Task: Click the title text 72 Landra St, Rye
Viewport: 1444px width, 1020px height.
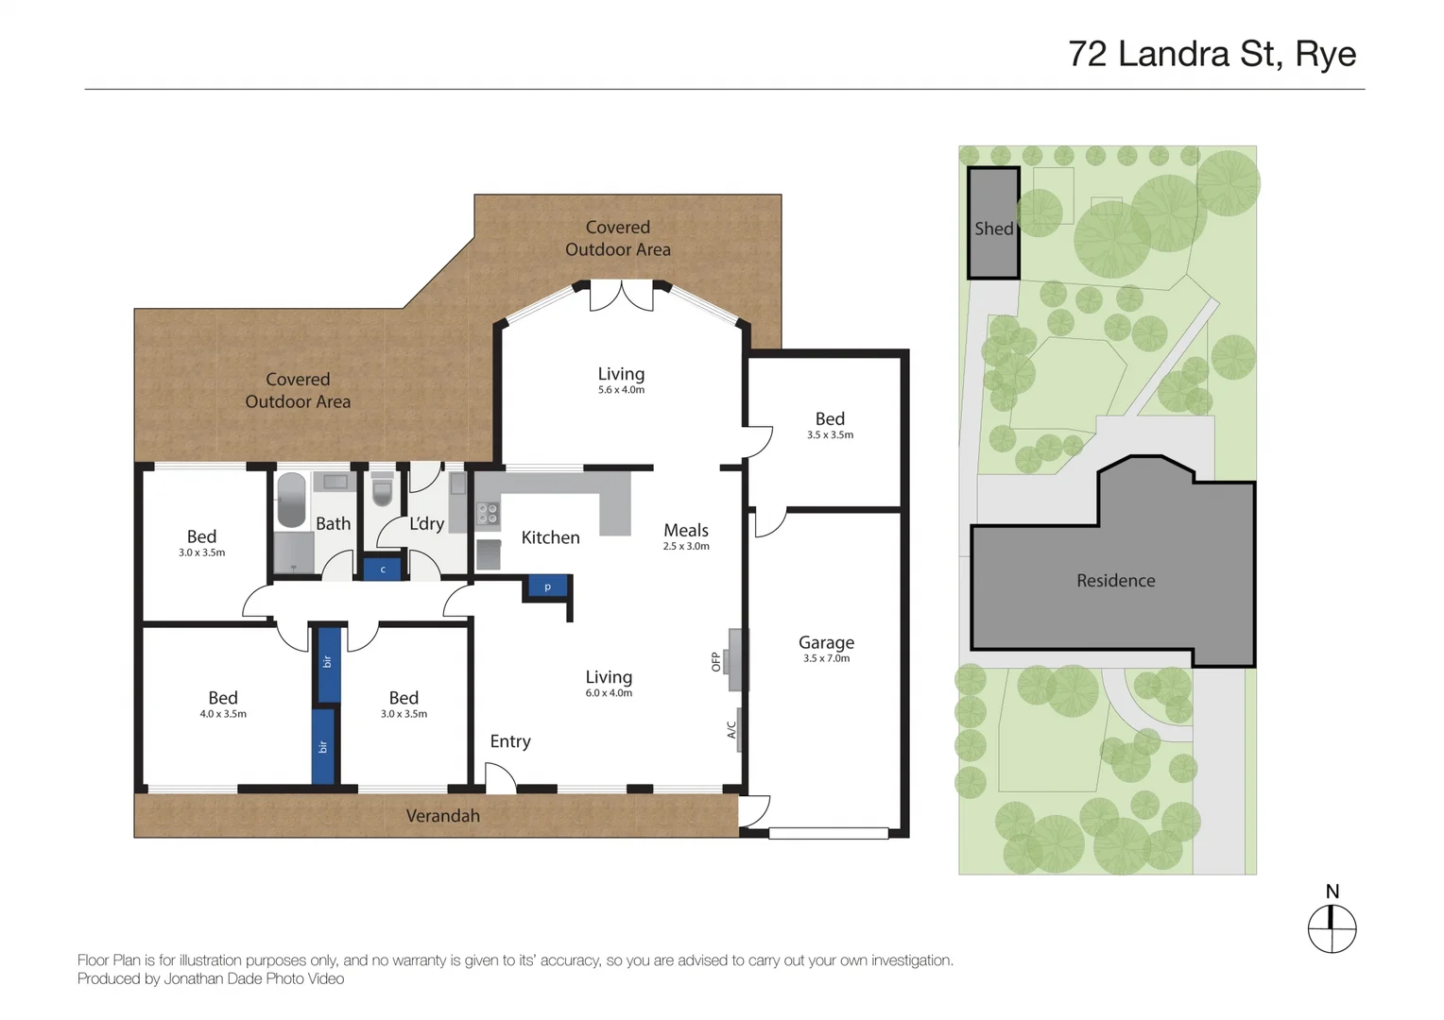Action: [x=1212, y=55]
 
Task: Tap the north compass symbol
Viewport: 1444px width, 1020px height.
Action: [x=1332, y=928]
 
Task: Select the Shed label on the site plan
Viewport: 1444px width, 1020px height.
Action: [x=993, y=229]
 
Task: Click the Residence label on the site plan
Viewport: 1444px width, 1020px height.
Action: [x=1115, y=581]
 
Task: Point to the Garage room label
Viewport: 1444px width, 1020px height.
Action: [x=826, y=642]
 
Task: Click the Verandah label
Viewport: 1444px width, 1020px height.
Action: [x=442, y=816]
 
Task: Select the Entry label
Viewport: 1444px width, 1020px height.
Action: [x=510, y=741]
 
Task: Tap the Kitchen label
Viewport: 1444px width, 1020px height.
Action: [x=550, y=537]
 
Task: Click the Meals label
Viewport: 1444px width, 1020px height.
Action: [x=685, y=531]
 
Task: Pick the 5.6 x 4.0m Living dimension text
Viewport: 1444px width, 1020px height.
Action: [x=621, y=390]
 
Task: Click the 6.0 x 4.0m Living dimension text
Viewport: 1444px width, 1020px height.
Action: [x=609, y=693]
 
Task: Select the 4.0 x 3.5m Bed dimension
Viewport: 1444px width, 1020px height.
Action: [x=223, y=714]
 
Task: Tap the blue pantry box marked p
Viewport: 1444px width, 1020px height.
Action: [x=547, y=587]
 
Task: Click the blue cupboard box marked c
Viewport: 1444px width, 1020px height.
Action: [x=383, y=569]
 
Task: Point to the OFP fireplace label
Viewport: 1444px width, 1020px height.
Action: [x=716, y=661]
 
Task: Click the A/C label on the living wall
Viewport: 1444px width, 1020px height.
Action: [x=731, y=730]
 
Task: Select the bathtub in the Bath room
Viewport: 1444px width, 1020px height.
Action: [x=291, y=500]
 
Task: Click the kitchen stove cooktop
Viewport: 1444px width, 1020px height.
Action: [x=488, y=515]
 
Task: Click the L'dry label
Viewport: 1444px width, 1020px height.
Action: [x=426, y=523]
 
